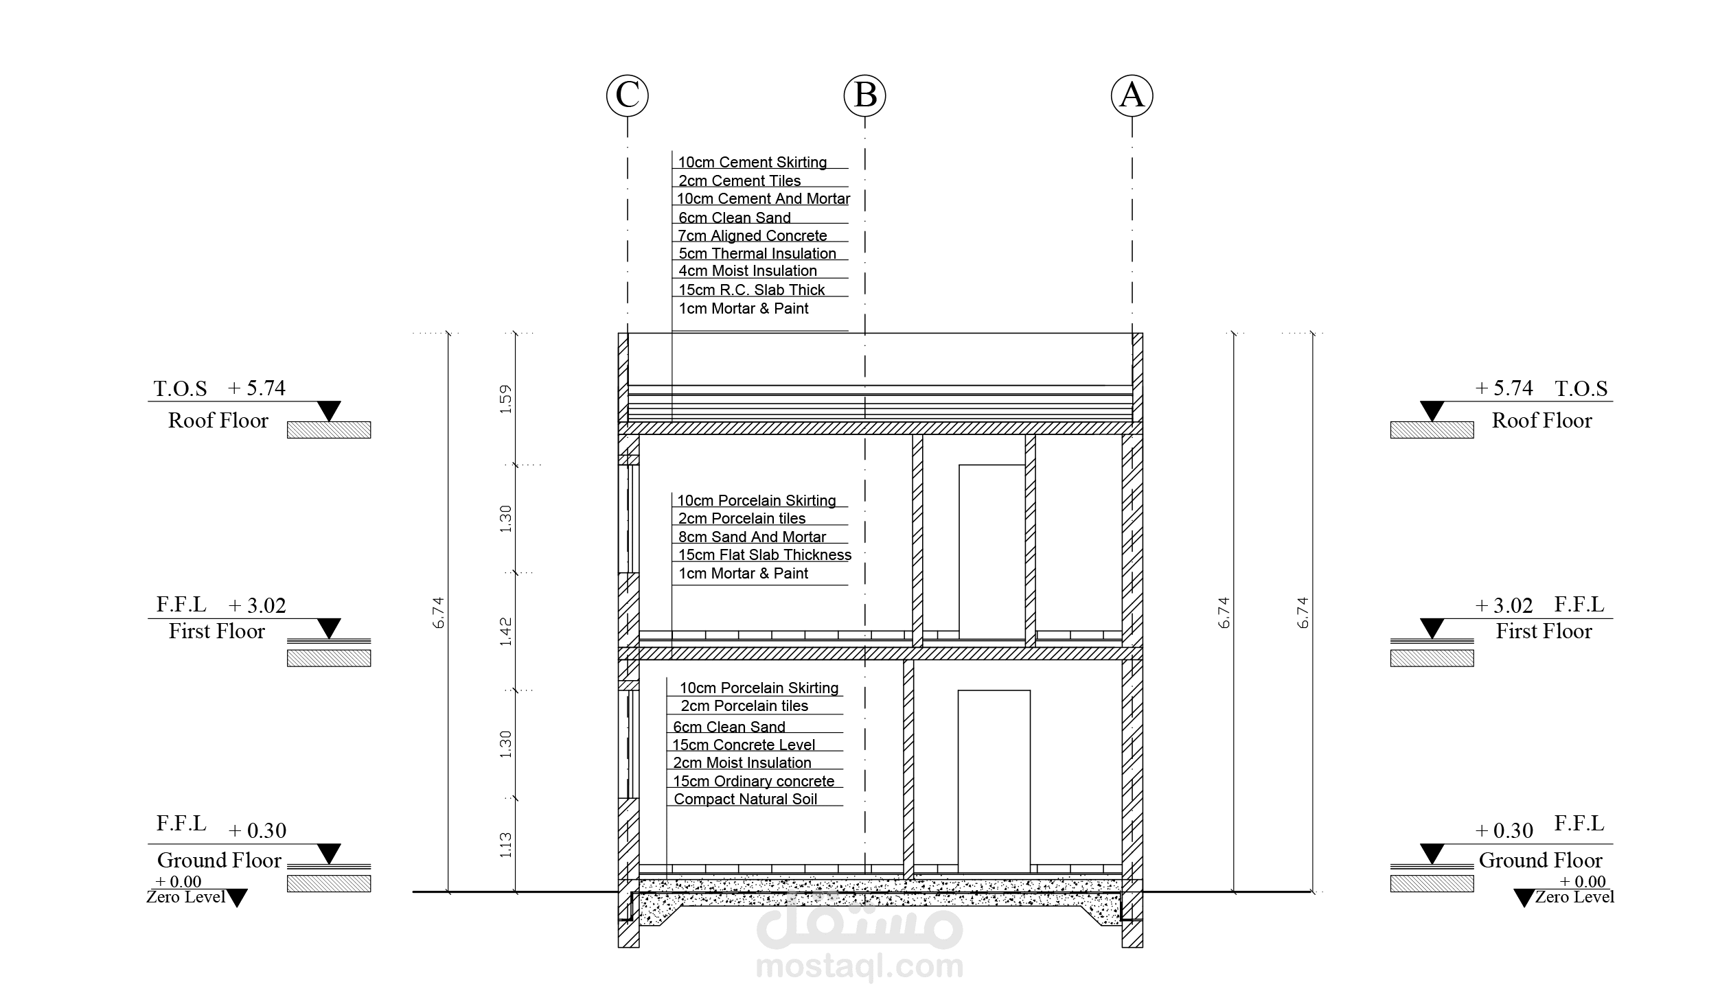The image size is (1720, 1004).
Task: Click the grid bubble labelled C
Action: [x=627, y=95]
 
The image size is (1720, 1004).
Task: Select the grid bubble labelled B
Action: [x=864, y=95]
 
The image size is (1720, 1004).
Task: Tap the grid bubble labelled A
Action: [x=1132, y=95]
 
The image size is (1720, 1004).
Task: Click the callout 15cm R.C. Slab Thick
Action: [x=751, y=290]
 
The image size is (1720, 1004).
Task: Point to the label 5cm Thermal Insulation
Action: [x=757, y=253]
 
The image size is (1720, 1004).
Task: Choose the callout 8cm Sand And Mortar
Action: [x=752, y=537]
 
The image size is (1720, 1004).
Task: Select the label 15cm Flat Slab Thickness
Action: [x=764, y=554]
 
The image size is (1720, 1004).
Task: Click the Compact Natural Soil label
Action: [x=745, y=799]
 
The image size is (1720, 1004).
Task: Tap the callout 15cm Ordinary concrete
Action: [x=753, y=781]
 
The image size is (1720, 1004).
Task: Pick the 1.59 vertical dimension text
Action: [x=506, y=399]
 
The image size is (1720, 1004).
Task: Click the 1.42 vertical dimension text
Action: [x=506, y=631]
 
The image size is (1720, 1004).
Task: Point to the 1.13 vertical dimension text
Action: [x=506, y=845]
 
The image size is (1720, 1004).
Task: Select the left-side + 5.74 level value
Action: [x=256, y=388]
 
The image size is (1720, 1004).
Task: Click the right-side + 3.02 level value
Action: [x=1504, y=605]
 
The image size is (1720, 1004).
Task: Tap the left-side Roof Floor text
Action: [x=218, y=421]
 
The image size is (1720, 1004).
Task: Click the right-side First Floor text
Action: [x=1544, y=631]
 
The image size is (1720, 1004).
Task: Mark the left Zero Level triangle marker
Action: [x=237, y=898]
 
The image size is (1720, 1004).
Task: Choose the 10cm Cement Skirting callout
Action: [x=752, y=162]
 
